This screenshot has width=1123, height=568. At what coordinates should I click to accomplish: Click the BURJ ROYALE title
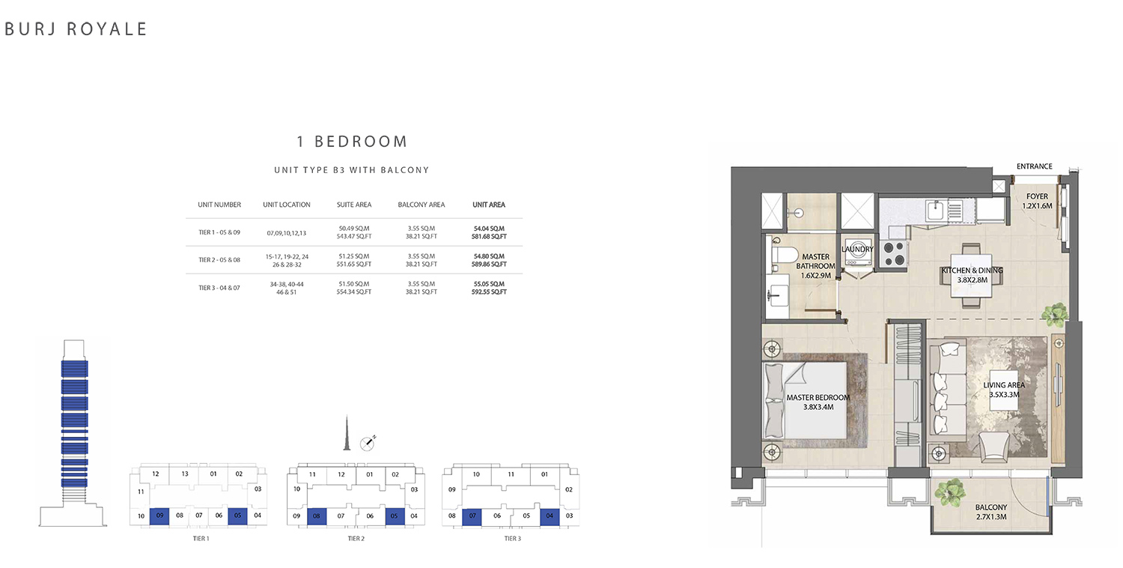[x=75, y=29]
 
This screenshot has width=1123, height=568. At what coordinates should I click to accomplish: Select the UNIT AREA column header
[x=489, y=205]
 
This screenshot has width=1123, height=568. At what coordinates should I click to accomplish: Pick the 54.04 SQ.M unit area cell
[x=489, y=229]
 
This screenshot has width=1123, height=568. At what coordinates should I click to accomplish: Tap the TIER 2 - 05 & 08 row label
[x=219, y=260]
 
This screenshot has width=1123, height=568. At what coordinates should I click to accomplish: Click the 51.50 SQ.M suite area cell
[x=354, y=283]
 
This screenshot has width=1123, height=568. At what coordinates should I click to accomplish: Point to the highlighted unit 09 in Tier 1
[x=159, y=516]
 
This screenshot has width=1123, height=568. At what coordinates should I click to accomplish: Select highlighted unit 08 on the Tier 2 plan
[x=317, y=516]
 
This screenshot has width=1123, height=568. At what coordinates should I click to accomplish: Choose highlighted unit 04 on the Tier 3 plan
[x=550, y=516]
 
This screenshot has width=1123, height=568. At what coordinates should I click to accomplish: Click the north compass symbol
[x=368, y=443]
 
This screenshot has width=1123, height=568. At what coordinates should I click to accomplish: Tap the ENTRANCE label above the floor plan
[x=1034, y=166]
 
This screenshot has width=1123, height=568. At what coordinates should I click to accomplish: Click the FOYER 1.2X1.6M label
[x=1037, y=202]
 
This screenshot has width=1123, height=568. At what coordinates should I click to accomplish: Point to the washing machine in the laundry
[x=857, y=255]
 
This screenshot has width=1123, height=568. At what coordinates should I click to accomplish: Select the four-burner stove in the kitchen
[x=895, y=254]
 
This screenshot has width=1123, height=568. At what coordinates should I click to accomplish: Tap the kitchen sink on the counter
[x=936, y=211]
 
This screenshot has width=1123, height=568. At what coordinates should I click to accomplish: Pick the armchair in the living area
[x=994, y=447]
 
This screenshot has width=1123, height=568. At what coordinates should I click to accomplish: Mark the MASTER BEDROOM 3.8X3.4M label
[x=818, y=402]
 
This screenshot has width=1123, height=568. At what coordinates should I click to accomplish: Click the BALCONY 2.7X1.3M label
[x=991, y=512]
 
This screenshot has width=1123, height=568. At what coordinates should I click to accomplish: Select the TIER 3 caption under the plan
[x=512, y=538]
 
